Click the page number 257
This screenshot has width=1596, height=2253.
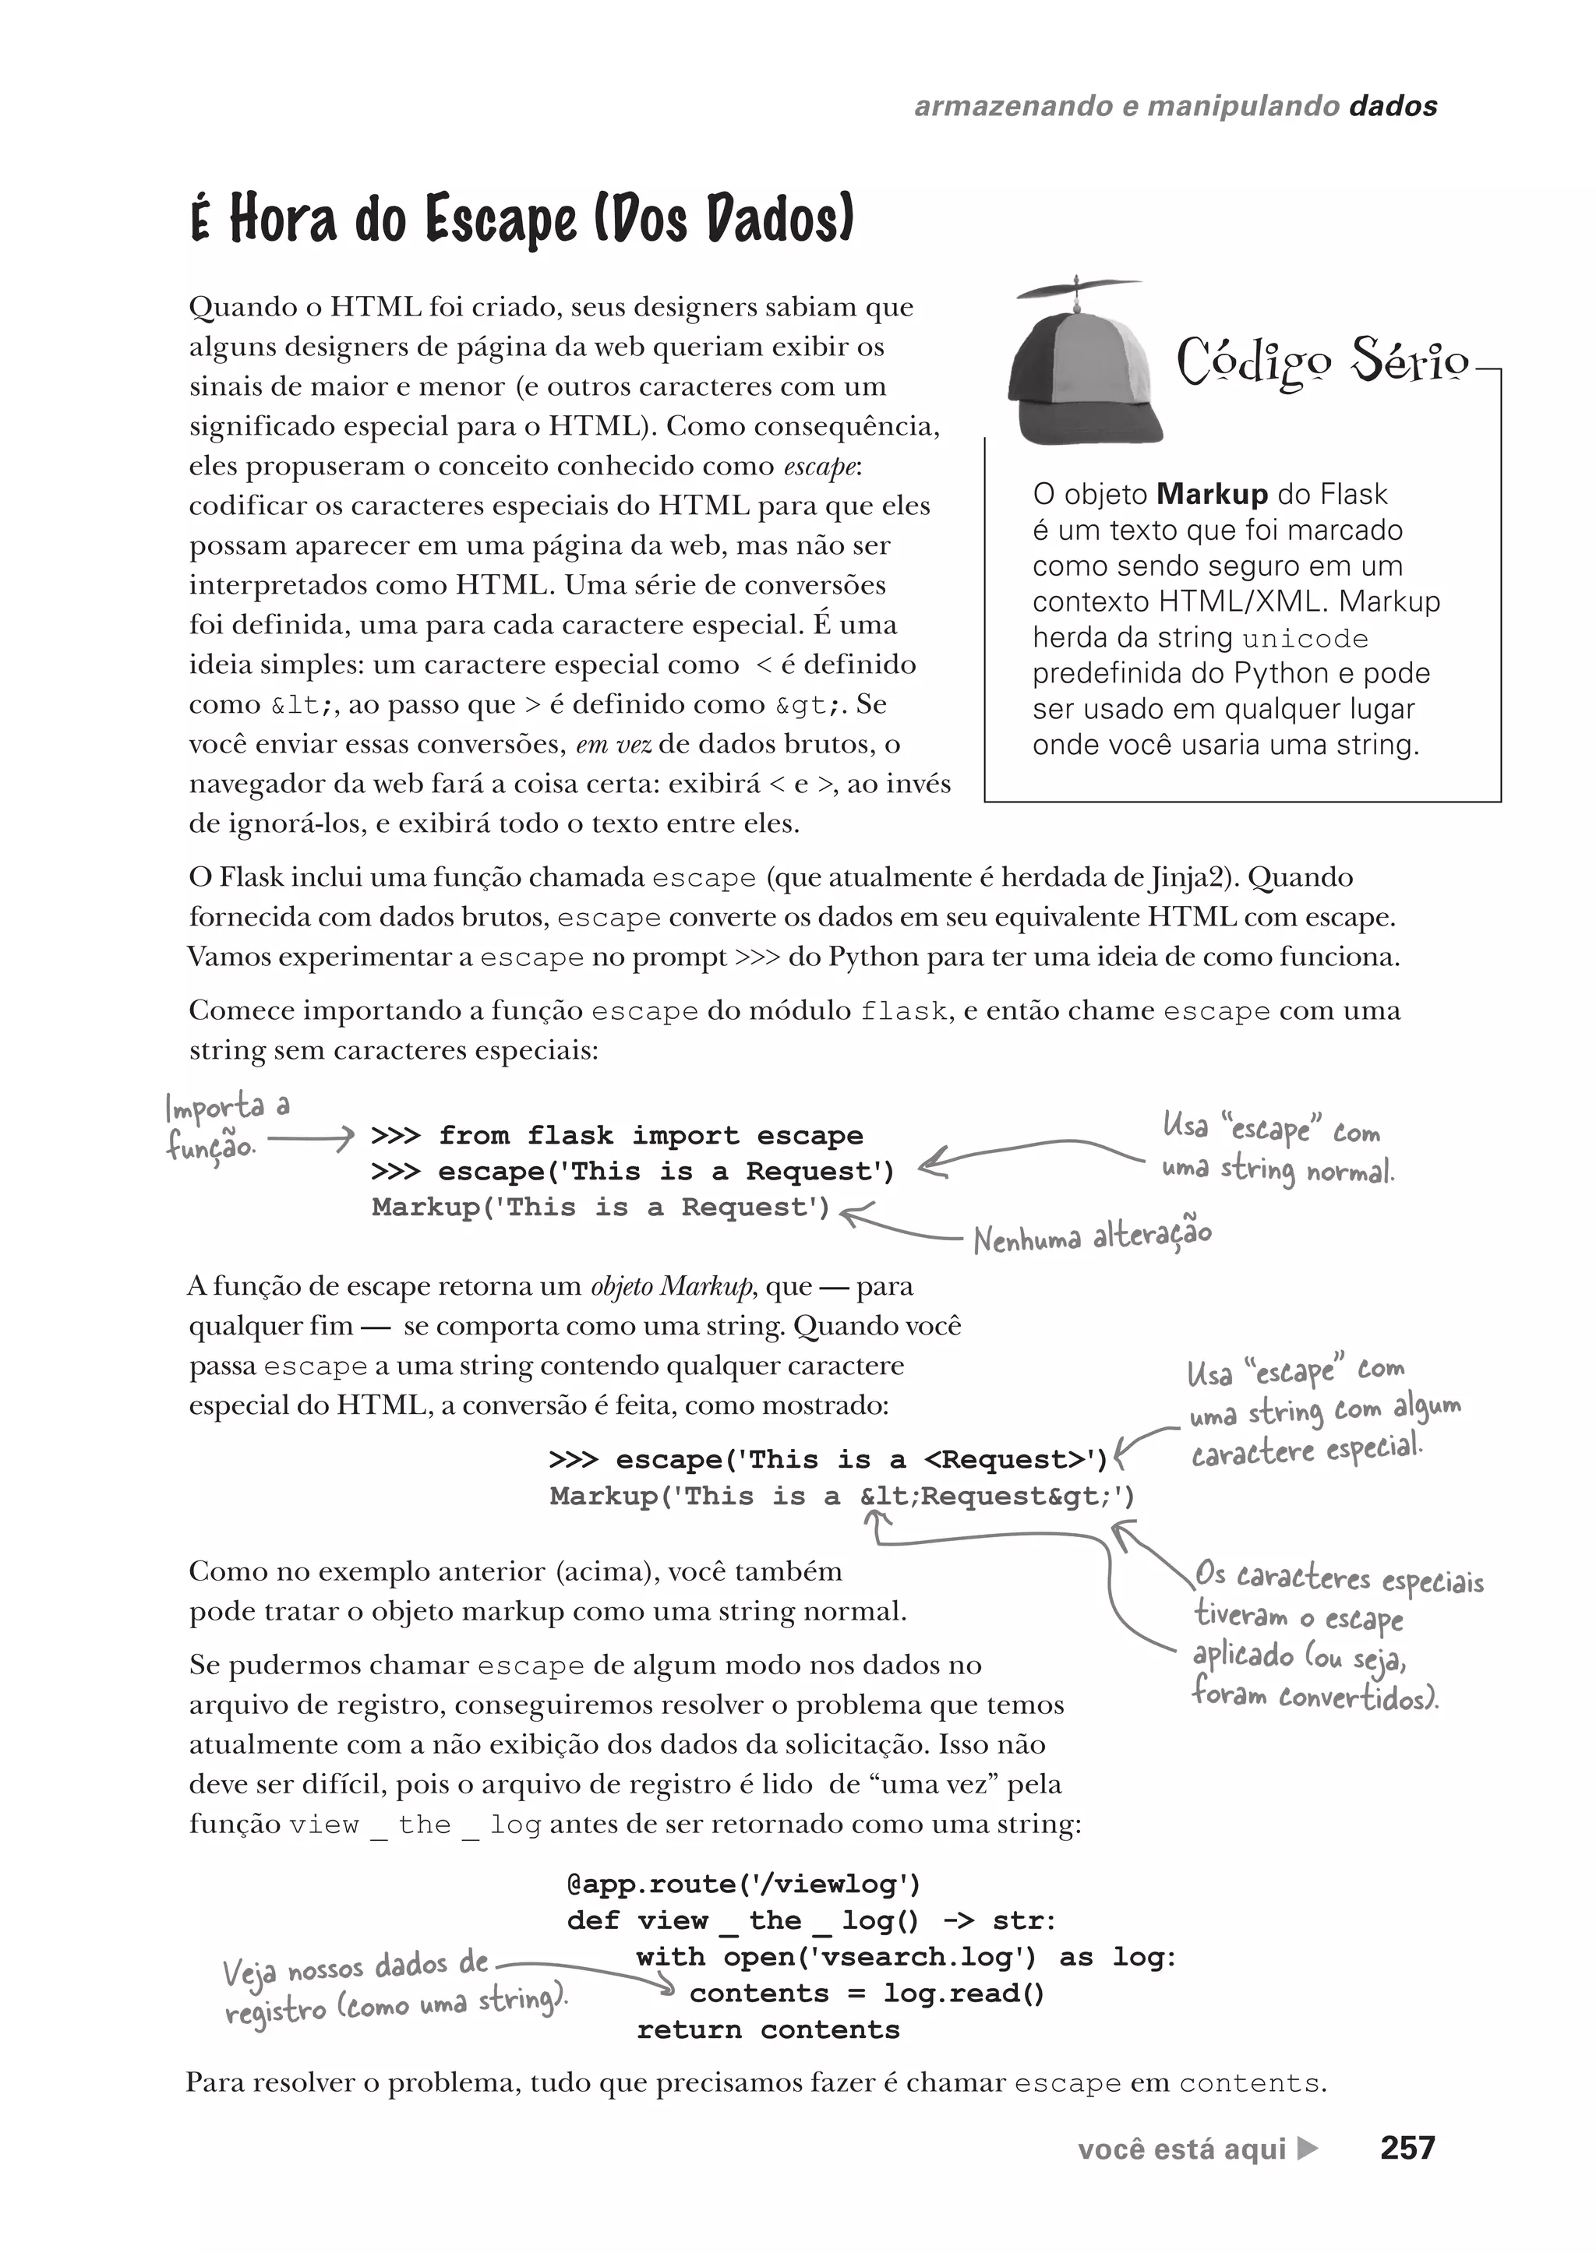(1407, 2148)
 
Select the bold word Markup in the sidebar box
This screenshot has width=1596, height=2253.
(1212, 493)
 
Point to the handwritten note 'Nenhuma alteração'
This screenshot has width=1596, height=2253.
(1092, 1236)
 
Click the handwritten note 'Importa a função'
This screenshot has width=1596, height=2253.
(227, 1126)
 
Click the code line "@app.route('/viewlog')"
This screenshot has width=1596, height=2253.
(744, 1884)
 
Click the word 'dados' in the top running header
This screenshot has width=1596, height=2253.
(1393, 106)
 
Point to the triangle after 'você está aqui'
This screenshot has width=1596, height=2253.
(1307, 2149)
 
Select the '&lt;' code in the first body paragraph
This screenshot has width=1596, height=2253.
(302, 706)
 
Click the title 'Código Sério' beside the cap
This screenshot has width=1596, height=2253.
(1322, 361)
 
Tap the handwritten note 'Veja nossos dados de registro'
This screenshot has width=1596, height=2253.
(393, 1986)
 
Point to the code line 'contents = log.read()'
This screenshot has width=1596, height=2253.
(867, 1993)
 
